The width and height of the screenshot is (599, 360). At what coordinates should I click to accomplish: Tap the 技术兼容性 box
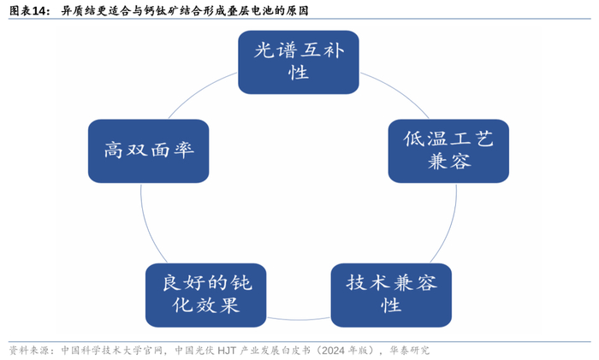(391, 292)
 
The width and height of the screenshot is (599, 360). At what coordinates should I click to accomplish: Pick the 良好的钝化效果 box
(203, 292)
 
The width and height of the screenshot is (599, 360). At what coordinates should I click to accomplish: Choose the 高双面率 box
(149, 150)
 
